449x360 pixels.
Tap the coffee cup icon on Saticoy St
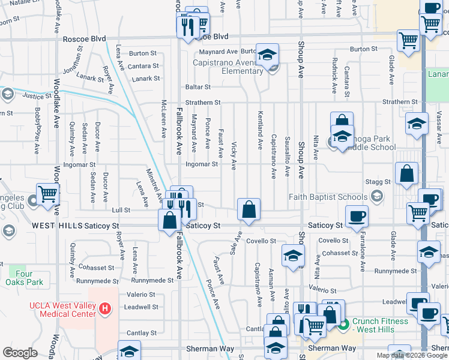357,216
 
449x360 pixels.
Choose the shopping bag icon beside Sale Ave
249,210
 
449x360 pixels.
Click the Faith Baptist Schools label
328,197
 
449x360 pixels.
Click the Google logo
20,353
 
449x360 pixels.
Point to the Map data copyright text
412,355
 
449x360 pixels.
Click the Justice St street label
37,95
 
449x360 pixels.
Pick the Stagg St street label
379,181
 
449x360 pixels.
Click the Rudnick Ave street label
334,76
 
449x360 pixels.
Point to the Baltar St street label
197,88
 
